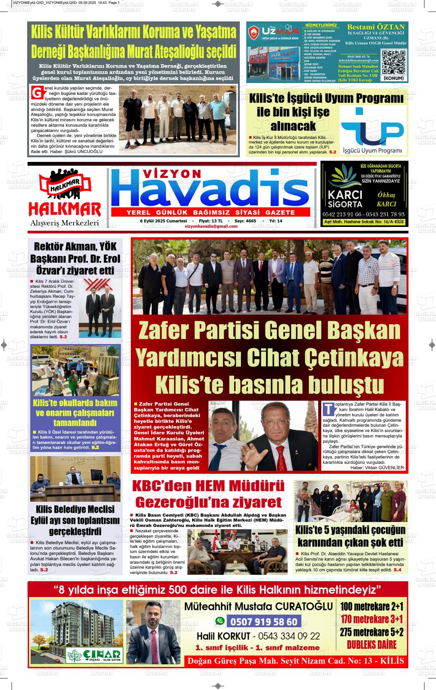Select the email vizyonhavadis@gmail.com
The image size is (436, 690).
pyautogui.click(x=211, y=226)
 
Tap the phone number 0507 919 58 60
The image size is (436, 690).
pyautogui.click(x=264, y=621)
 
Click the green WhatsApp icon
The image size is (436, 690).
pyautogui.click(x=220, y=621)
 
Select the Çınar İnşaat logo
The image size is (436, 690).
pyautogui.click(x=94, y=656)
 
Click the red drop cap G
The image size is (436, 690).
pyautogui.click(x=37, y=93)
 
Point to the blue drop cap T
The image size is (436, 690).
pyautogui.click(x=328, y=408)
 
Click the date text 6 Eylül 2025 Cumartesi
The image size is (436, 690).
pyautogui.click(x=163, y=221)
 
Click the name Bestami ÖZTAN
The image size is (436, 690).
pyautogui.click(x=376, y=27)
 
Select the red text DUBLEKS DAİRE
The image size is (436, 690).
pyautogui.click(x=371, y=644)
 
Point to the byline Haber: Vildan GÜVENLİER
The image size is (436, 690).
pyautogui.click(x=377, y=467)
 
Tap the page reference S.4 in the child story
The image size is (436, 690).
pyautogui.click(x=397, y=570)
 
